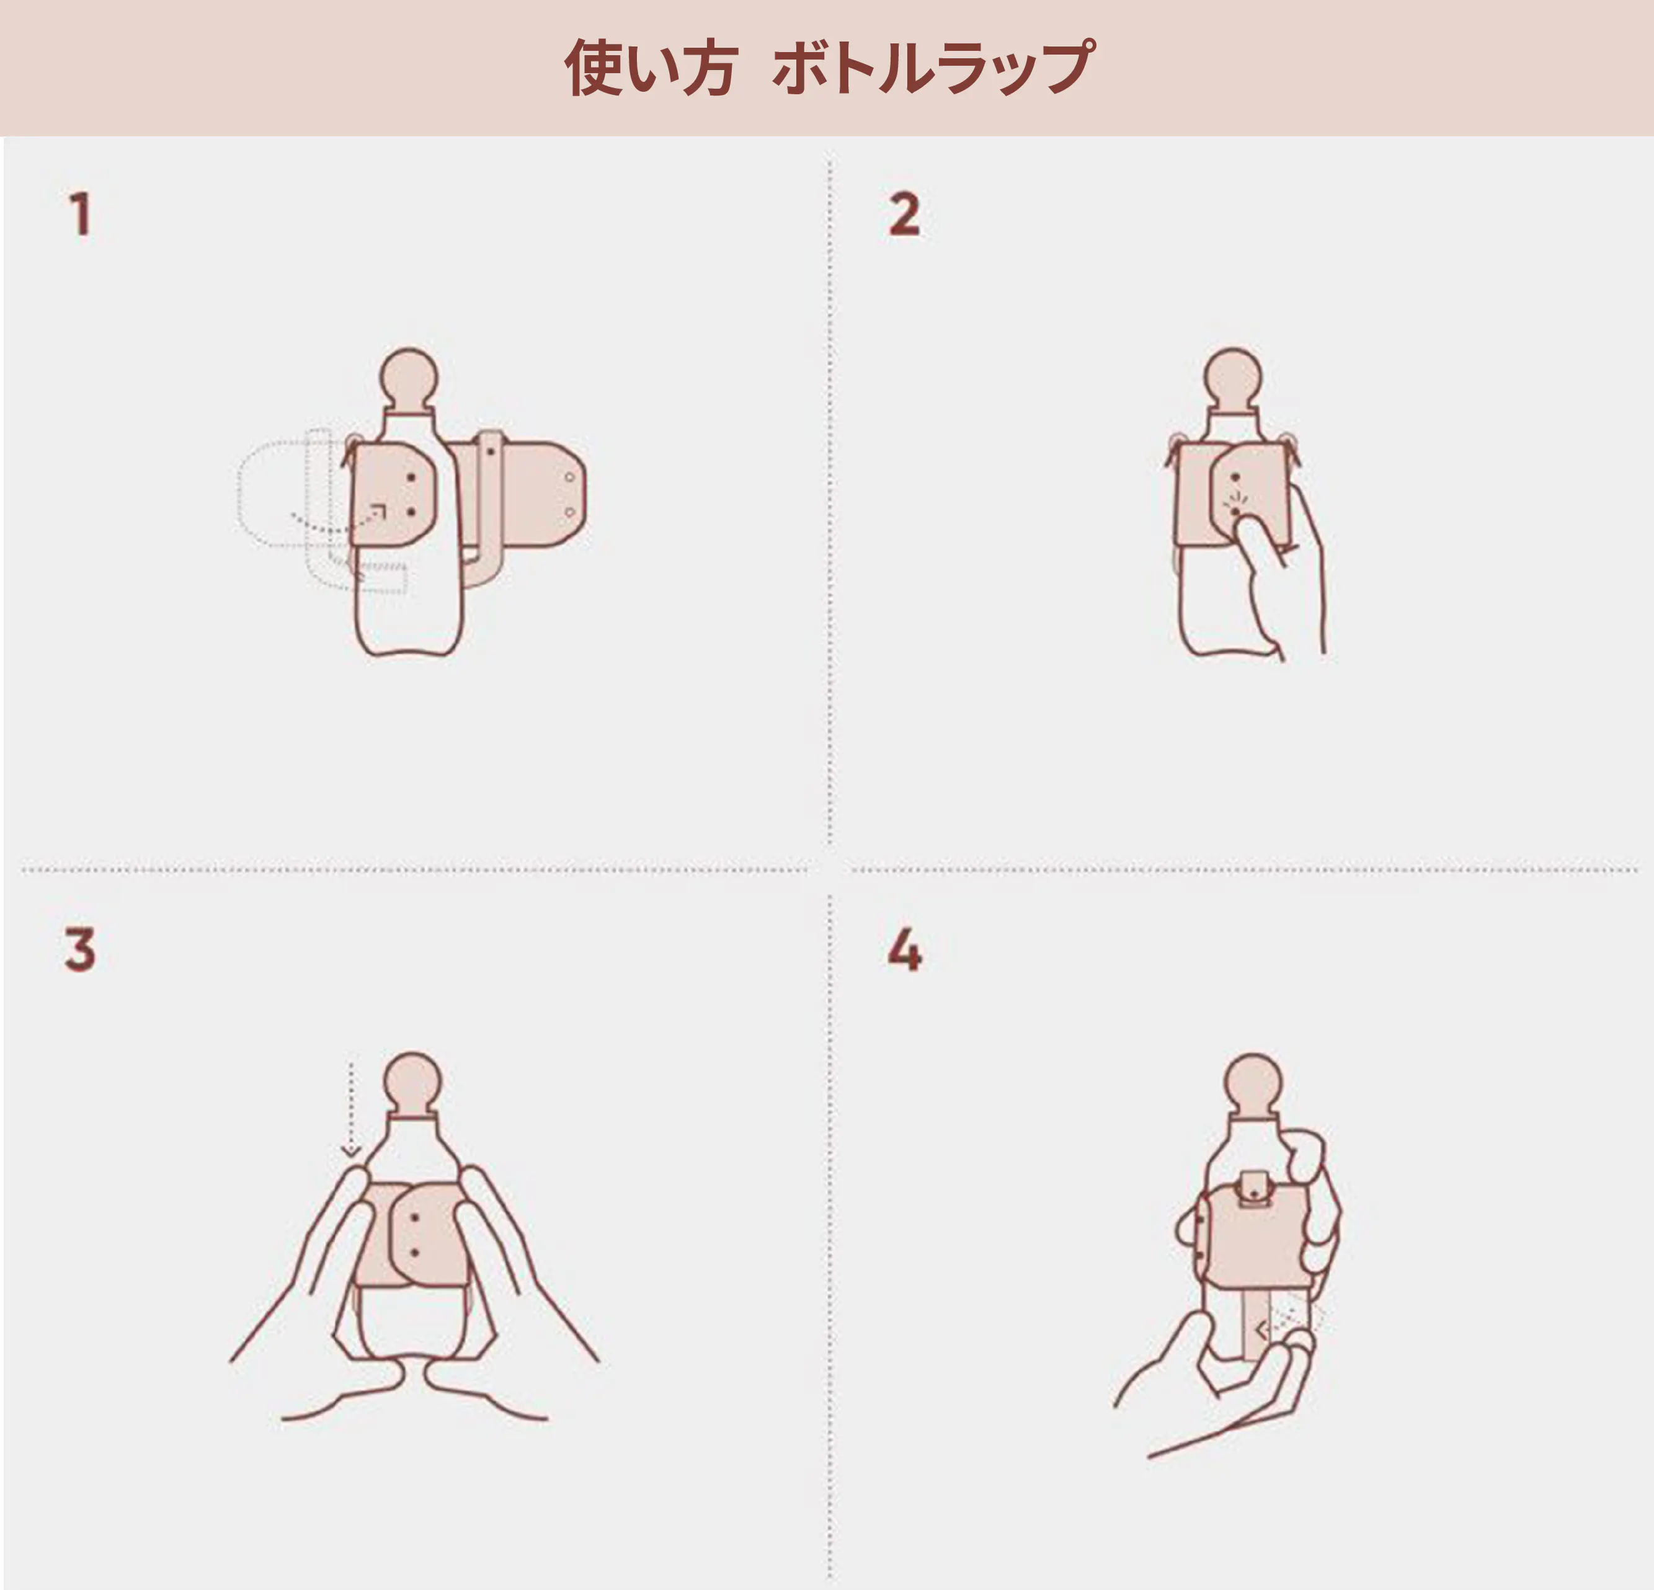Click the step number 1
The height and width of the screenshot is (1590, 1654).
[x=80, y=215]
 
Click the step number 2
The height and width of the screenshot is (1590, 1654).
[x=904, y=215]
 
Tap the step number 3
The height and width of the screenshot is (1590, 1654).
[x=80, y=949]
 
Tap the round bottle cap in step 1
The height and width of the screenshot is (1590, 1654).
[x=409, y=378]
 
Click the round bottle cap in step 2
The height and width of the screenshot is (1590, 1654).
[x=1233, y=378]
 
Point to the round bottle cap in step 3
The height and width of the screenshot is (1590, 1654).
[x=412, y=1083]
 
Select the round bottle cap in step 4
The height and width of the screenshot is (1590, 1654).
[x=1253, y=1083]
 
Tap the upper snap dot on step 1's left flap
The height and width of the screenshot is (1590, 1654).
[x=411, y=477]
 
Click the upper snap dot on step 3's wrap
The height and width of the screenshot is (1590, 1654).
[x=414, y=1218]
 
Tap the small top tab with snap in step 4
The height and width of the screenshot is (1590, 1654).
[x=1256, y=1188]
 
